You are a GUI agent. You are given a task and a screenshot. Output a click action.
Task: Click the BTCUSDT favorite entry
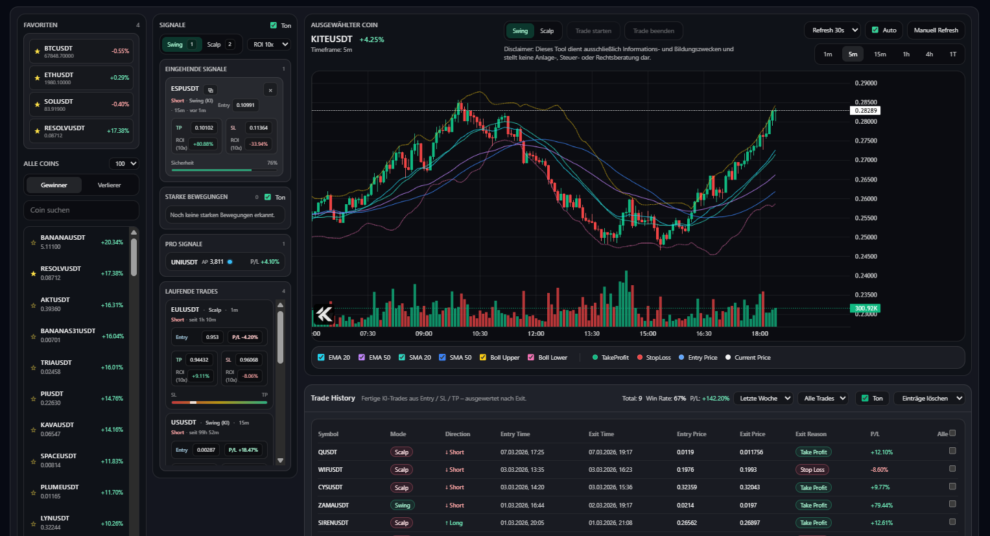81,51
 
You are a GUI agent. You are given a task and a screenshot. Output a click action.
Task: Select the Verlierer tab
109,185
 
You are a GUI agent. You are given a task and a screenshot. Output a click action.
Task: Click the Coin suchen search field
81,210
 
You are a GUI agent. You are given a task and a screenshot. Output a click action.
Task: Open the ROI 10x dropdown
268,45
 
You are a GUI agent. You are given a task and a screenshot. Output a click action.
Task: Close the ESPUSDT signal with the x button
270,90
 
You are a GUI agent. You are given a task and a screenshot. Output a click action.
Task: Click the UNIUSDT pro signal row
224,262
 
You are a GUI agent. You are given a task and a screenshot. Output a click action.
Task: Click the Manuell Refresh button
936,30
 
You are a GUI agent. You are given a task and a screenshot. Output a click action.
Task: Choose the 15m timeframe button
879,54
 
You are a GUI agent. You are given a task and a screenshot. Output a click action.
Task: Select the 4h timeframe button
929,54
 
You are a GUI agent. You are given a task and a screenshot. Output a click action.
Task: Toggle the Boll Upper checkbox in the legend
483,358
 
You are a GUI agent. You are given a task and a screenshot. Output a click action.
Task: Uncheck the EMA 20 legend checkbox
322,358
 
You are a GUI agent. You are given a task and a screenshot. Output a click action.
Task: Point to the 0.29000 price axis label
866,84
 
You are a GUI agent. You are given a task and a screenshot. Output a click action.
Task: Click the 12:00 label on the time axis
536,334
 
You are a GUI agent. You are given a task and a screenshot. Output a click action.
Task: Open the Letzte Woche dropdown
765,399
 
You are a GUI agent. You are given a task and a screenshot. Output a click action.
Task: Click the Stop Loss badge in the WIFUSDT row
812,470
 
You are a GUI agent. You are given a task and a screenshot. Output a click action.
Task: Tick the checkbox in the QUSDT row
952,451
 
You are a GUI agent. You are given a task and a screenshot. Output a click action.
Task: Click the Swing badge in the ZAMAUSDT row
402,506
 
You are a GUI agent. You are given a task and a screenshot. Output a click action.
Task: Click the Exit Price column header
752,434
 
